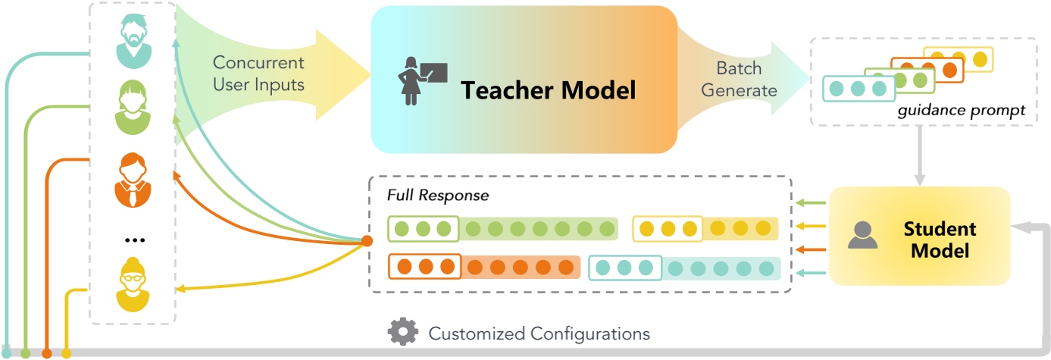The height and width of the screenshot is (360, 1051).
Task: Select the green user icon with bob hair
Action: pos(133,107)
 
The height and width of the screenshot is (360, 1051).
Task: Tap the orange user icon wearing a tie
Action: pos(133,180)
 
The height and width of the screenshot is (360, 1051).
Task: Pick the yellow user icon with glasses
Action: pos(133,285)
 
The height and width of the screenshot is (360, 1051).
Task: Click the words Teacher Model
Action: pos(548,90)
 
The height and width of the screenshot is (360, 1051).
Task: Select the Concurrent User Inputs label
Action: pos(258,74)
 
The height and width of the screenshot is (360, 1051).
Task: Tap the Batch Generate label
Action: pos(739,80)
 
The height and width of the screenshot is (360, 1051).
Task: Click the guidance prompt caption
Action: pos(961,111)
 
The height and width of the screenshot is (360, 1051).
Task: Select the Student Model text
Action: pos(940,239)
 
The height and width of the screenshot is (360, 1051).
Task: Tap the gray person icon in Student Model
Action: pos(862,236)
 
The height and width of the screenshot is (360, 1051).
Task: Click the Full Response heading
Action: pos(437,195)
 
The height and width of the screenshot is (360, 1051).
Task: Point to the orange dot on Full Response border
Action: pos(367,241)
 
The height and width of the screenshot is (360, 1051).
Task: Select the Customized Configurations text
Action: pos(539,333)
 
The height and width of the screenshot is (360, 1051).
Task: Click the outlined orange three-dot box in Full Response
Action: pos(424,267)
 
